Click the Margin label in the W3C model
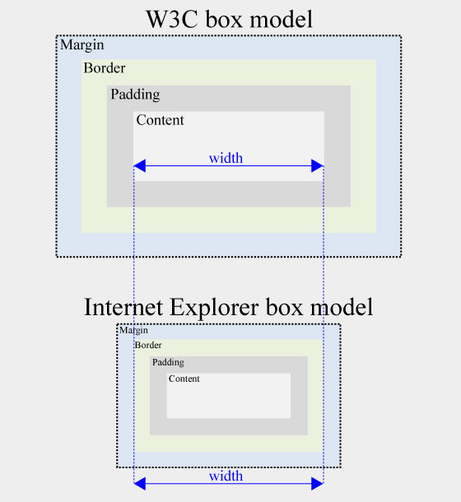point(82,45)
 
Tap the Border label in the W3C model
point(105,67)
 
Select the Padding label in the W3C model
point(135,95)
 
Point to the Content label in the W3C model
point(161,120)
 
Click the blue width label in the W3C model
point(226,158)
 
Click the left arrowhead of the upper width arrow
point(140,166)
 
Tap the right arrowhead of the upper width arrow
point(317,166)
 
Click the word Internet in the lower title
point(123,307)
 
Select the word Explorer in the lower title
point(214,308)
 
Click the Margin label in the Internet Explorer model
point(133,330)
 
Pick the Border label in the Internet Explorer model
point(148,345)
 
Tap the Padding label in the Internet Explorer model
point(168,362)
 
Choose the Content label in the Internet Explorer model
point(184,379)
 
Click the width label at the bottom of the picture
point(226,476)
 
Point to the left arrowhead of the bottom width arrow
point(140,483)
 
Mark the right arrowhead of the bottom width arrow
point(317,483)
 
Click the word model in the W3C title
point(282,19)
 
